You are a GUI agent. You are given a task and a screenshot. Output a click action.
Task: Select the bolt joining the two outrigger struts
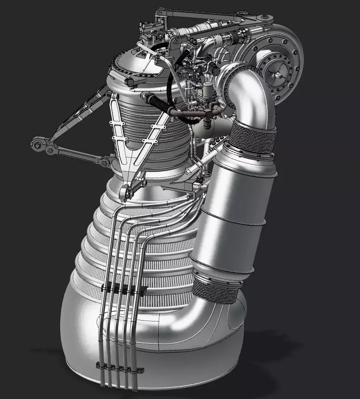tap(50, 150)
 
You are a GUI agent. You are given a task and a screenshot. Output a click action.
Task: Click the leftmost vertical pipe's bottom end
tap(102, 384)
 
